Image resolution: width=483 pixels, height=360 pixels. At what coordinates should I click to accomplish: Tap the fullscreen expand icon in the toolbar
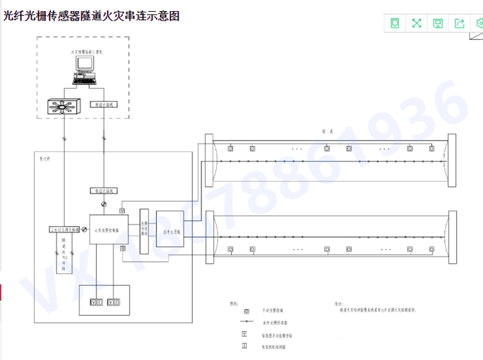[x=417, y=23]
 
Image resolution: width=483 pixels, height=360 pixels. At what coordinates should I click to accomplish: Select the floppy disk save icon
[x=438, y=23]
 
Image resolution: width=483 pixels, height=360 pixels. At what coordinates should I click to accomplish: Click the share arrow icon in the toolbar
[x=460, y=23]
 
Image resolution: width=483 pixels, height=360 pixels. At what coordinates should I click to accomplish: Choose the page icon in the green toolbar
[x=395, y=23]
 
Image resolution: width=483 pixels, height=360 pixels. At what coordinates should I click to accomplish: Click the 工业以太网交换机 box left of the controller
[x=64, y=230]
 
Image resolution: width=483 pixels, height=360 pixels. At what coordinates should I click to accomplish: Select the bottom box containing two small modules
[x=105, y=301]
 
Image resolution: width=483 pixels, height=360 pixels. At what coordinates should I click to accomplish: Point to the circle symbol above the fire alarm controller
[x=103, y=205]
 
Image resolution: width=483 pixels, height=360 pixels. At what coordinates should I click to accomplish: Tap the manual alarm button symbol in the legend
[x=244, y=311]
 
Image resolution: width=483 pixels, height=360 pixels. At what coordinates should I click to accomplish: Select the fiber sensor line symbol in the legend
[x=244, y=322]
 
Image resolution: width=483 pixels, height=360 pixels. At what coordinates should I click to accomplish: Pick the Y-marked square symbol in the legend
[x=244, y=334]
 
